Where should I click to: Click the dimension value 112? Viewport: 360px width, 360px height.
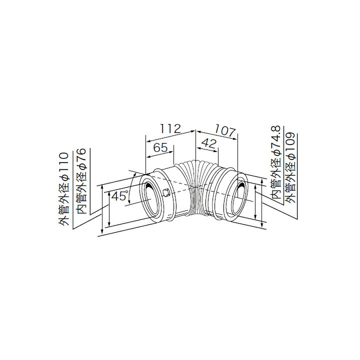(170, 128)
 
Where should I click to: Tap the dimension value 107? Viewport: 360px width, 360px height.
(225, 131)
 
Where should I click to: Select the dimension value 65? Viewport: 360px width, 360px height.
(160, 147)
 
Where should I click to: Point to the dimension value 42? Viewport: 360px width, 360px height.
(208, 143)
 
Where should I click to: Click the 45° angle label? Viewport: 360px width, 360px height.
(119, 196)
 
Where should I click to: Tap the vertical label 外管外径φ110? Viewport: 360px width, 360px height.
(63, 188)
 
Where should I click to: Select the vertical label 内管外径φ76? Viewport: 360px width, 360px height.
(81, 181)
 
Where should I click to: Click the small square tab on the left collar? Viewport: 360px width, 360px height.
(166, 192)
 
